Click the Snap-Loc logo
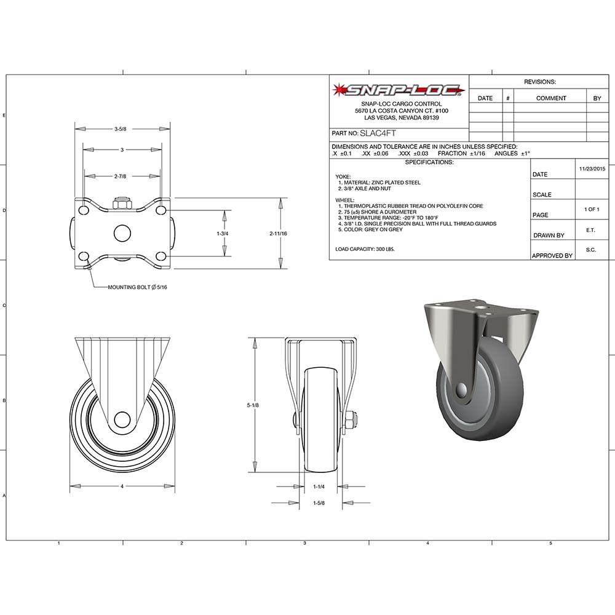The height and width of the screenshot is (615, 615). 399,90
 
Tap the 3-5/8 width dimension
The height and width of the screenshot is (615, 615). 121,129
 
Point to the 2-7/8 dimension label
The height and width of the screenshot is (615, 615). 121,177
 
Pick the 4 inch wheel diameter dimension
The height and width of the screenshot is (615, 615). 122,486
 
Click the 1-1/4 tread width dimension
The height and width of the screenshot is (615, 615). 319,486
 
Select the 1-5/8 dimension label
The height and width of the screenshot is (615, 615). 319,503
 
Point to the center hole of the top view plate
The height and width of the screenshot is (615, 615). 122,234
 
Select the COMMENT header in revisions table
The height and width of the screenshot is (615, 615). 550,98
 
